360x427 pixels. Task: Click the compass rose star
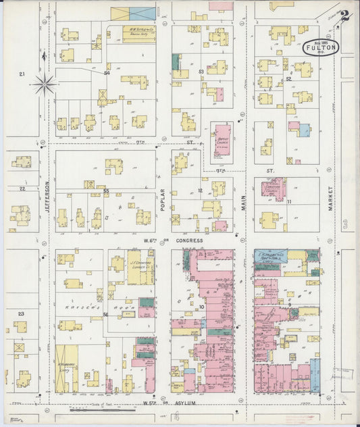(44, 84)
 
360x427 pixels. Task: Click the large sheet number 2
(344, 16)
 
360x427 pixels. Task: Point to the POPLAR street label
(163, 201)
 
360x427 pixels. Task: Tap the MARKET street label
(331, 199)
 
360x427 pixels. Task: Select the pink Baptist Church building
(222, 136)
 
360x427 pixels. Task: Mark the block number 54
(107, 73)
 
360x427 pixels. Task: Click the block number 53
(201, 71)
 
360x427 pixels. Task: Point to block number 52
(288, 79)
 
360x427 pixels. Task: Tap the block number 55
(106, 191)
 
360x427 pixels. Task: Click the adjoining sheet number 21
(22, 74)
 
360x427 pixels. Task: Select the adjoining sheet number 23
(21, 313)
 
